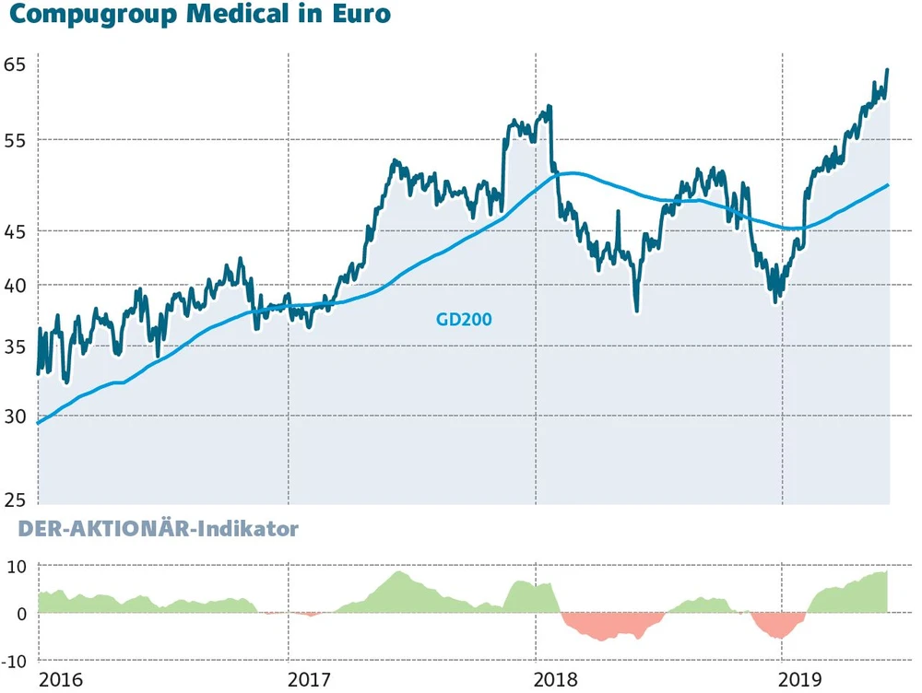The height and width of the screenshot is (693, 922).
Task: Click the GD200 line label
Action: [x=464, y=319]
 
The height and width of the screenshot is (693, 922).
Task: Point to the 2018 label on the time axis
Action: [x=556, y=679]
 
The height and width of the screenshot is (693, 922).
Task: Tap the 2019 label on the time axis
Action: [x=801, y=679]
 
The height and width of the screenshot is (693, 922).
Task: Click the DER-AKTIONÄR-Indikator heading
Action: [x=149, y=531]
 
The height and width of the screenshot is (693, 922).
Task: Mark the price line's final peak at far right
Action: [x=887, y=70]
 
